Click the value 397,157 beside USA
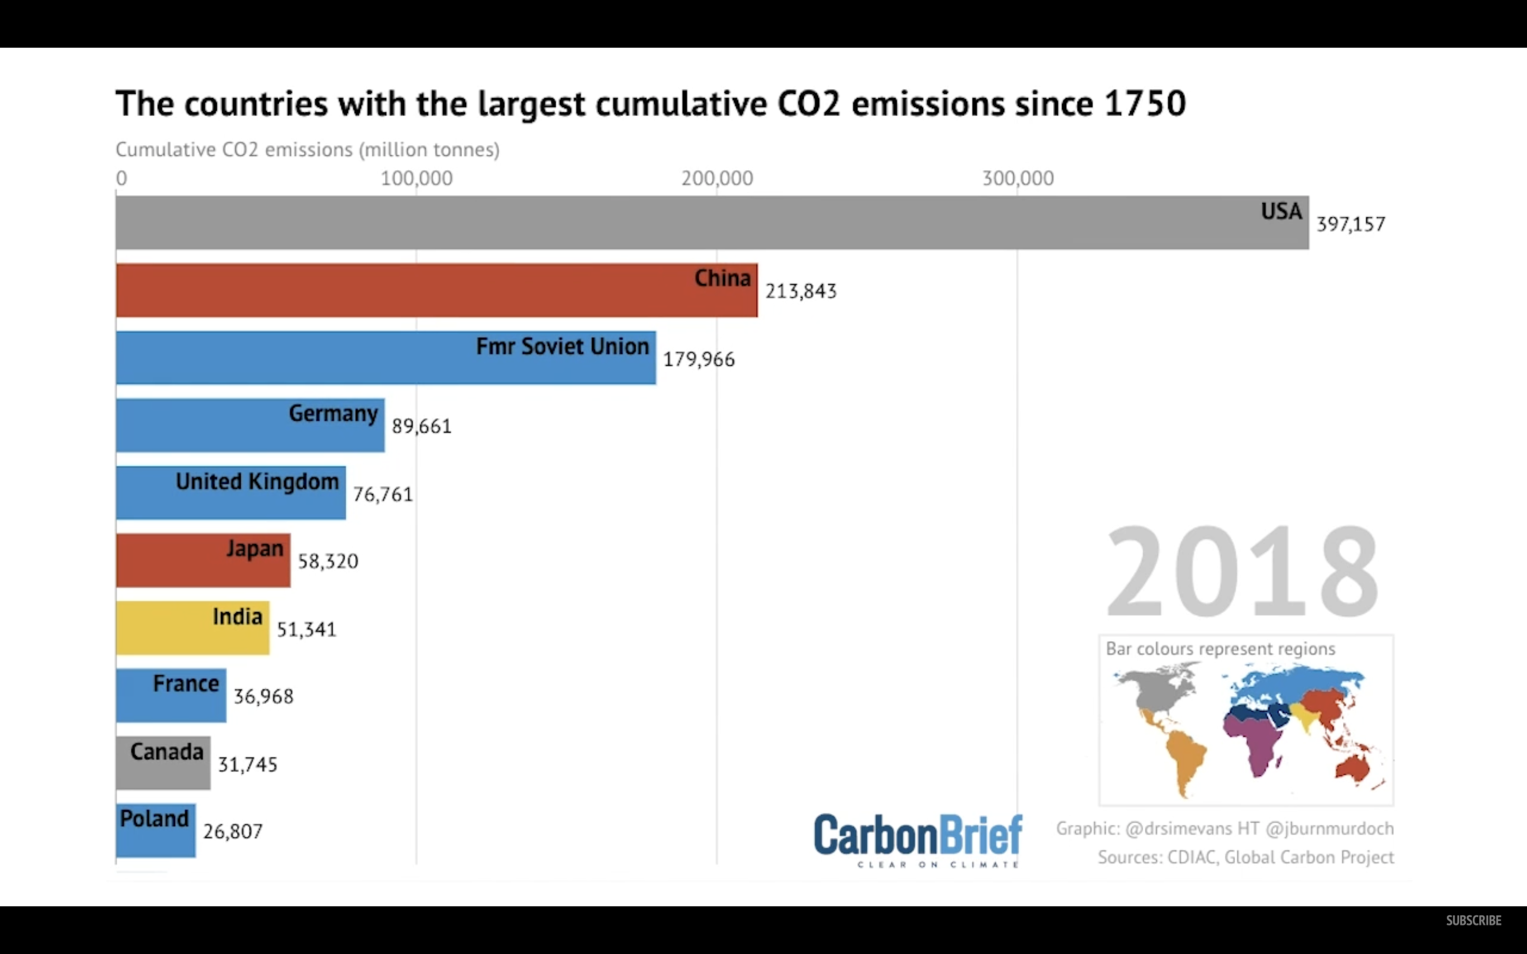coord(1350,224)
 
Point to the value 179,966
coord(698,359)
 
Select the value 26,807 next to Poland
coord(232,832)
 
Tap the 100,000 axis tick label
coord(416,179)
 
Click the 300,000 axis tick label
coord(1018,179)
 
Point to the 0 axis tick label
coord(121,179)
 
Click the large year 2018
coord(1242,571)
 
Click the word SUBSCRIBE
coord(1473,921)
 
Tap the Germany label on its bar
coord(333,414)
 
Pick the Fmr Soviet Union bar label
coord(562,347)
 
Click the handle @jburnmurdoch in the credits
coord(1330,828)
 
